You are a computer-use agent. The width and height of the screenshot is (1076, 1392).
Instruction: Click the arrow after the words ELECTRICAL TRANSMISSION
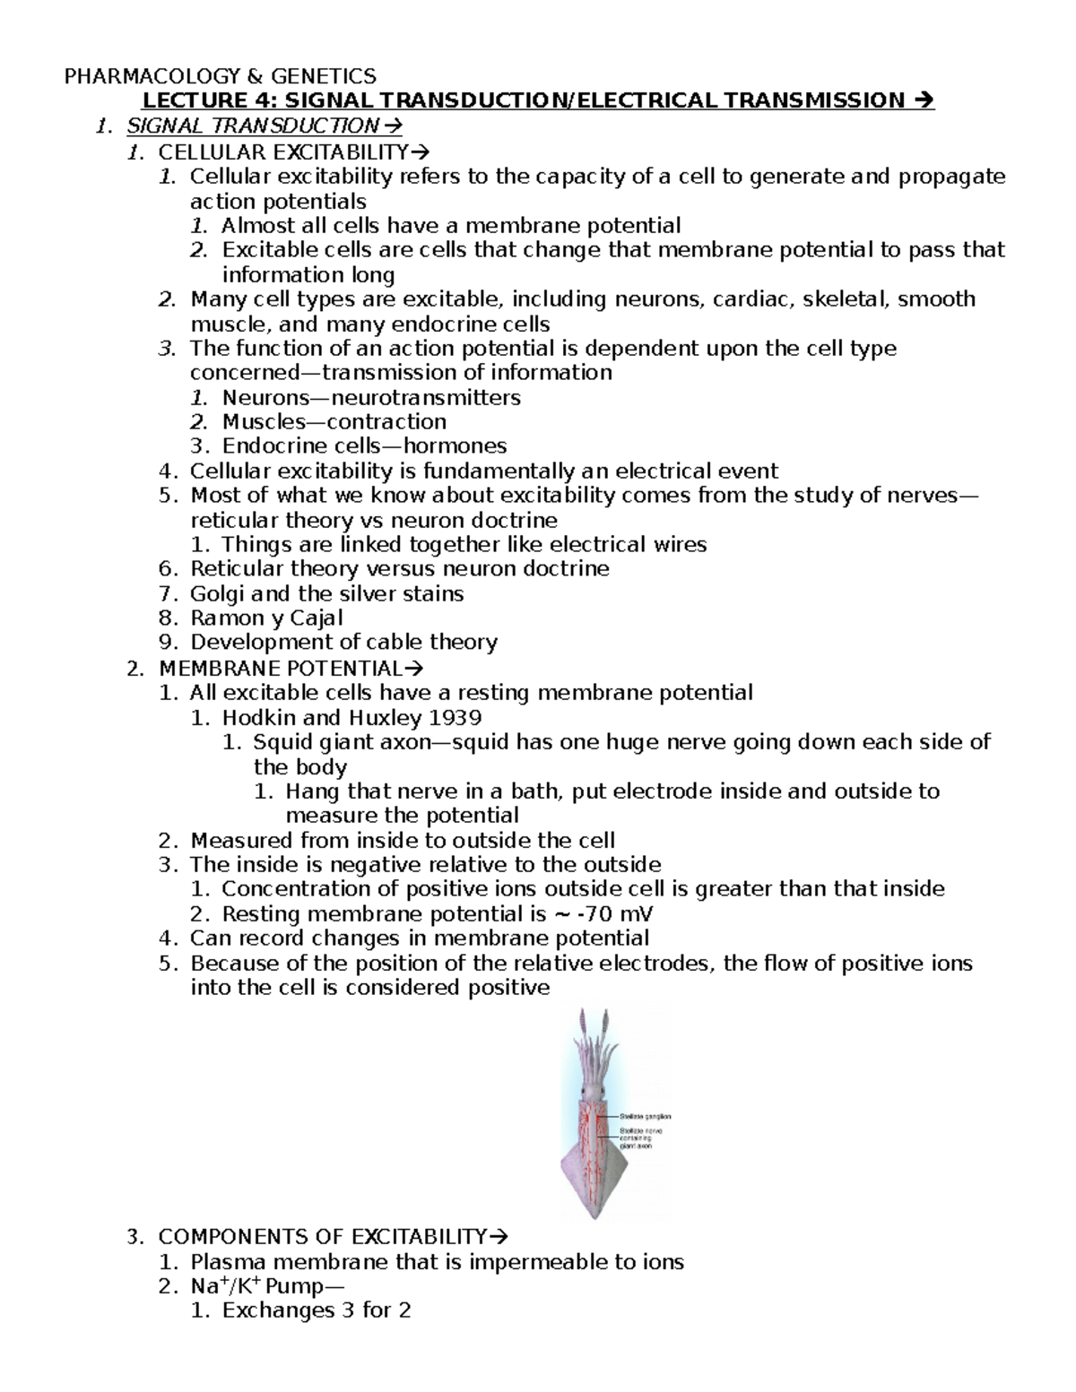click(x=924, y=100)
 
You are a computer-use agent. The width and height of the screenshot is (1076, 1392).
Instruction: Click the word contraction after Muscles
click(x=386, y=421)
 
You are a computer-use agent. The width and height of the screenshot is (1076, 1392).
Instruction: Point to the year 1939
click(x=456, y=717)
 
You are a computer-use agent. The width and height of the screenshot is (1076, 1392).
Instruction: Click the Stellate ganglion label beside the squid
click(x=645, y=1117)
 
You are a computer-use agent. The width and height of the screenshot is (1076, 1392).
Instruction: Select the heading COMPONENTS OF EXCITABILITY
click(x=321, y=1238)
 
